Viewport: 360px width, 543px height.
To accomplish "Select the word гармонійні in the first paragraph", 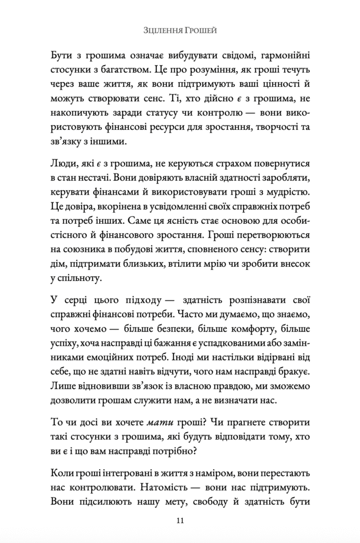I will (x=286, y=56).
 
